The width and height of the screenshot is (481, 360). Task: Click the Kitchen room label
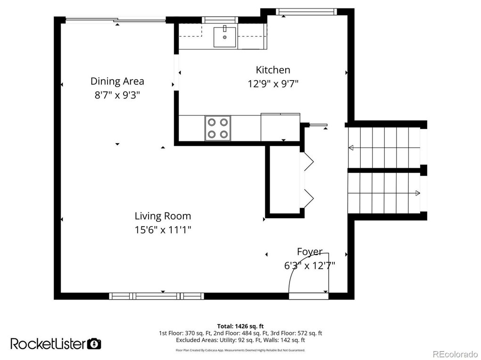tap(273, 70)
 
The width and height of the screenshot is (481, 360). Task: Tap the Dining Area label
tap(117, 81)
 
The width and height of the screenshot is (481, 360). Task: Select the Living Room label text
tap(163, 216)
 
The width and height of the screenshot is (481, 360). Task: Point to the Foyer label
tap(310, 252)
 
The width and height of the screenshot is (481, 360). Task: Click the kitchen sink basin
tap(225, 37)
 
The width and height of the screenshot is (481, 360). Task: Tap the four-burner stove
tap(217, 128)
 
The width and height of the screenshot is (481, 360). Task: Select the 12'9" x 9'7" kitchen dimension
tap(273, 84)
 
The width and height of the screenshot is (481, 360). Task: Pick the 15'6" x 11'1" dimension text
tap(163, 229)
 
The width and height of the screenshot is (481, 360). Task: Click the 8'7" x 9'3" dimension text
tap(117, 95)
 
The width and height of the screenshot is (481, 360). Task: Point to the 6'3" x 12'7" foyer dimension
tap(309, 265)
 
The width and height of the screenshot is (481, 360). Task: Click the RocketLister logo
tap(56, 344)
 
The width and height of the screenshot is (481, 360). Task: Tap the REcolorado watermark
tap(455, 353)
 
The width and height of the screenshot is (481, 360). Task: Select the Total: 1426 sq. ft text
tap(240, 326)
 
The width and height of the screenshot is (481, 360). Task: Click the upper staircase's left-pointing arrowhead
tap(351, 148)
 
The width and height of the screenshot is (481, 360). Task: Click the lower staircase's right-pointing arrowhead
tap(417, 193)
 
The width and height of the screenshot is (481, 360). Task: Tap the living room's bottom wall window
tap(157, 296)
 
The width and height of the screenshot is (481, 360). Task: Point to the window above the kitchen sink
tap(220, 20)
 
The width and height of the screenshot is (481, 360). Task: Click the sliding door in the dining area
tap(116, 20)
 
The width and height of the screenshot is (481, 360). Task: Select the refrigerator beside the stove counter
tap(281, 127)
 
